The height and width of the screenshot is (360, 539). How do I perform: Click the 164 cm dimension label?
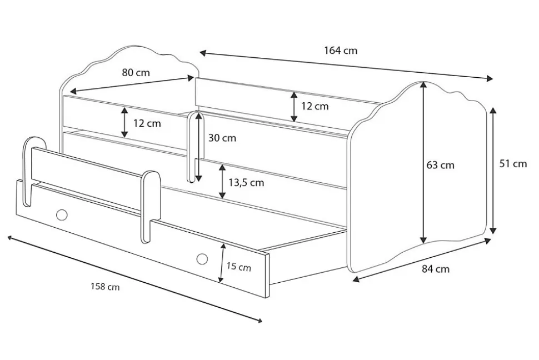click(341, 51)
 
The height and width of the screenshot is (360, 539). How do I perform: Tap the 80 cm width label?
click(136, 72)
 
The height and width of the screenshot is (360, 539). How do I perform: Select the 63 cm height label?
click(441, 165)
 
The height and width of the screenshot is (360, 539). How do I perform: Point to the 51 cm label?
click(512, 163)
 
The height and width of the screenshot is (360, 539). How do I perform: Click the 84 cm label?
click(436, 269)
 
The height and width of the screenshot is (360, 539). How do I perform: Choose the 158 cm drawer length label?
click(105, 287)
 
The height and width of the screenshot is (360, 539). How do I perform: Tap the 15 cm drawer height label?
click(238, 267)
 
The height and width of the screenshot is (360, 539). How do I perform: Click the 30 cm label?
click(222, 138)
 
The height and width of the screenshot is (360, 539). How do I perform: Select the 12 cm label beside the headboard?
click(147, 123)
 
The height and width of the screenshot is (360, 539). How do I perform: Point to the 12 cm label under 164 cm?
click(315, 106)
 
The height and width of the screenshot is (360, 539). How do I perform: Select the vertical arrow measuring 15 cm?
click(222, 263)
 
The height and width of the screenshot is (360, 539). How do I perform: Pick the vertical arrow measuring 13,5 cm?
click(222, 182)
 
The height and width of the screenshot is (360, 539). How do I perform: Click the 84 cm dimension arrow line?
click(422, 261)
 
